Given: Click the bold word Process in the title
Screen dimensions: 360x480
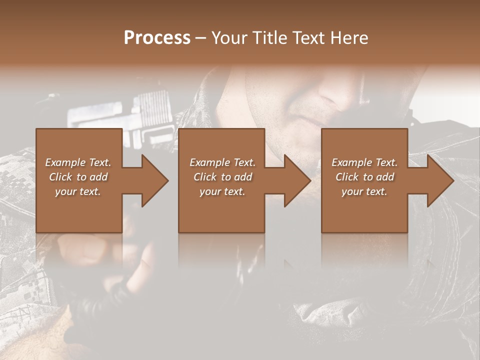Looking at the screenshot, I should (x=157, y=37).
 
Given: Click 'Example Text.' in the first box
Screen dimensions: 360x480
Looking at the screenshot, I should (x=78, y=162).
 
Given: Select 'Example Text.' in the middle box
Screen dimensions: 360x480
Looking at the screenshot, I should (x=222, y=162).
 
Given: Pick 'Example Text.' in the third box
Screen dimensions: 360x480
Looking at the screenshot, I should (x=364, y=162).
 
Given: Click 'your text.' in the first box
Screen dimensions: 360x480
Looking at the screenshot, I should (x=78, y=191).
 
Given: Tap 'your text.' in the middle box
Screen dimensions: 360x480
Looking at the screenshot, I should (x=222, y=191).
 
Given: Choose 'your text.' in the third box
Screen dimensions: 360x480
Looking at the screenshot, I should (x=364, y=191).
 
